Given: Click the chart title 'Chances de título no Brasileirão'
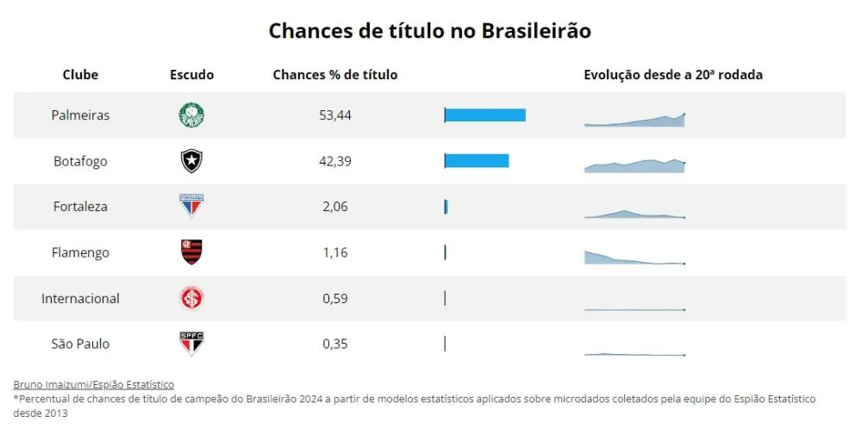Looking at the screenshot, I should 429,30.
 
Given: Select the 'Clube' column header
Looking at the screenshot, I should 80,75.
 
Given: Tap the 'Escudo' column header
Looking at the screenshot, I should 191,75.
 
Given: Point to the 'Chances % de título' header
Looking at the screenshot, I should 334,75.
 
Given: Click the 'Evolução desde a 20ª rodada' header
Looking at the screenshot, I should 672,75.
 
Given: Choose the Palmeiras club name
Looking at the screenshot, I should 80,115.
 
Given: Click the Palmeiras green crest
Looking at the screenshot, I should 191,115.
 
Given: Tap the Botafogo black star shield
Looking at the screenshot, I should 191,161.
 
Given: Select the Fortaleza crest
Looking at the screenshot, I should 191,207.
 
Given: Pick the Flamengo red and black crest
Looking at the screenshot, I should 191,252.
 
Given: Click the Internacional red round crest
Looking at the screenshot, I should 191,298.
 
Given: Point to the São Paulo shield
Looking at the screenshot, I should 191,344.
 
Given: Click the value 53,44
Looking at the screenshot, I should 334,115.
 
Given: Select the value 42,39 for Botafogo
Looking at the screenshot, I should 334,161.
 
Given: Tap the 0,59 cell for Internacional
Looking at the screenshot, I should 334,298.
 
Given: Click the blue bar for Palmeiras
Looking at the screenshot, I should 485,115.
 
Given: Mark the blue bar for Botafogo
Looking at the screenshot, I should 477,161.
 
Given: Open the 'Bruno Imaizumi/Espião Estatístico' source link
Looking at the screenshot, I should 93,384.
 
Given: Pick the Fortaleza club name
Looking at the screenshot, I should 80,207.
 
